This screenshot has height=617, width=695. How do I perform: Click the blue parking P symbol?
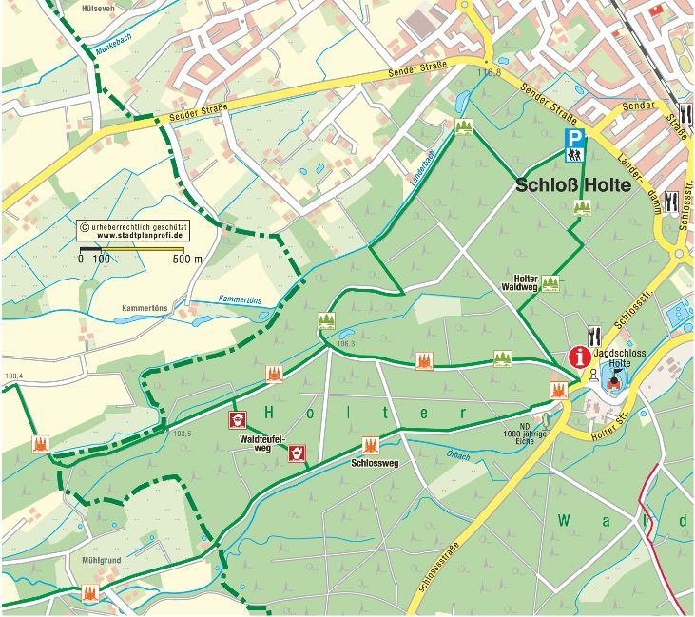[x=575, y=138]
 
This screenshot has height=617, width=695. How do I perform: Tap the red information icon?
[x=579, y=357]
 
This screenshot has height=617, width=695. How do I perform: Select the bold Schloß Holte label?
[x=573, y=186]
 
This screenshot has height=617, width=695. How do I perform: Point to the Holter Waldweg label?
[x=521, y=283]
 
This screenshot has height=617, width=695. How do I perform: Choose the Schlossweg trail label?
[x=374, y=465]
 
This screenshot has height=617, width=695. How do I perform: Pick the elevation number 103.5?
[x=183, y=434]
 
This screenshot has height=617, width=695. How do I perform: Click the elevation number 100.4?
[x=12, y=376]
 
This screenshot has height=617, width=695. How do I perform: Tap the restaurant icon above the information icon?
[x=595, y=334]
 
